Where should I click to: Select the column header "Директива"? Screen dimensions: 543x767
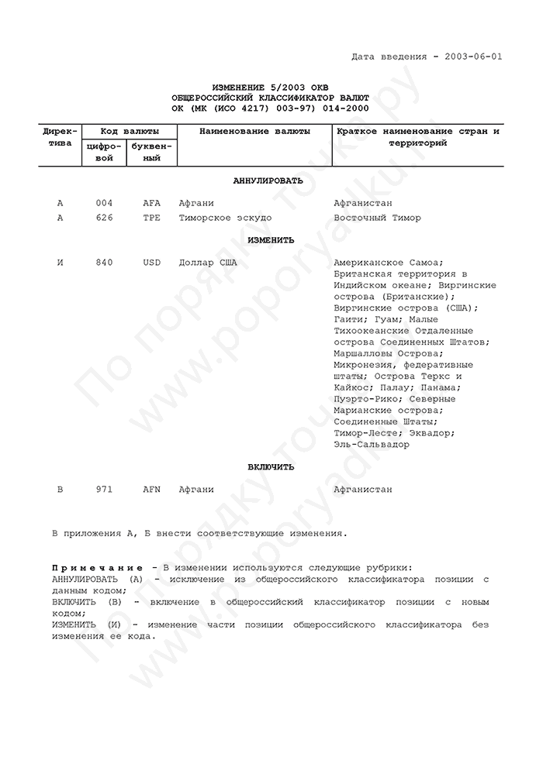(60, 137)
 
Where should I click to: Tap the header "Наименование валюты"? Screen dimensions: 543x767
(254, 132)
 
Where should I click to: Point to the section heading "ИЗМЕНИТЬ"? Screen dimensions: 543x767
(271, 240)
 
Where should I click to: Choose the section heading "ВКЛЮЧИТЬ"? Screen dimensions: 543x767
(271, 467)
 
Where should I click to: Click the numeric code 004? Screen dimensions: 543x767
(104, 203)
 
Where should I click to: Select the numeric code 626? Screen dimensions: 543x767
(104, 218)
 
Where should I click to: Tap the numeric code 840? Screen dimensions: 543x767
(104, 263)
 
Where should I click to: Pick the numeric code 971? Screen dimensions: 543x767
(104, 490)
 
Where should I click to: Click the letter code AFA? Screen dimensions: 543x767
(151, 203)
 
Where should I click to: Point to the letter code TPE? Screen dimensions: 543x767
(151, 218)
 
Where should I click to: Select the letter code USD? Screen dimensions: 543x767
(151, 263)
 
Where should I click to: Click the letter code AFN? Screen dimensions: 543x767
(151, 490)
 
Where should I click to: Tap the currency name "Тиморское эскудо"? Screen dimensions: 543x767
(225, 218)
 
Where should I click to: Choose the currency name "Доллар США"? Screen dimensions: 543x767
(207, 263)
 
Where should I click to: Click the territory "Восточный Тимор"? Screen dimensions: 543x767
(377, 218)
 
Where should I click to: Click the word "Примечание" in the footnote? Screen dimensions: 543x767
(99, 568)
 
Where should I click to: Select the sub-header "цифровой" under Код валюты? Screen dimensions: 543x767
(102, 152)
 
